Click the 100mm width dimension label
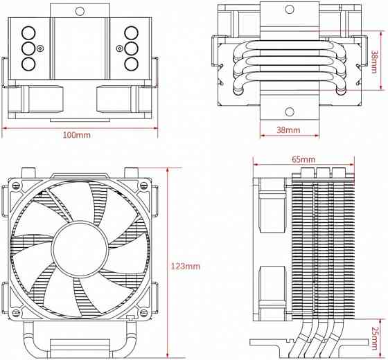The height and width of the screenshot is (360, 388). tap(76, 134)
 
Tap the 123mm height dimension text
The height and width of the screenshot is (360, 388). tap(186, 266)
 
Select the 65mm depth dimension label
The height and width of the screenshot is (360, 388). tap(303, 159)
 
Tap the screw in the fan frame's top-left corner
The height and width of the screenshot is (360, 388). tap(15, 186)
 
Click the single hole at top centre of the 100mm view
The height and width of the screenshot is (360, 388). tap(79, 11)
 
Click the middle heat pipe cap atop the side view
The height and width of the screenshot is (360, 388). tap(321, 172)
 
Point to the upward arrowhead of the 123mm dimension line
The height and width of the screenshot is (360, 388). tap(170, 169)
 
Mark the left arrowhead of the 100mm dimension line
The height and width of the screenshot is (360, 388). tap(3, 127)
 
